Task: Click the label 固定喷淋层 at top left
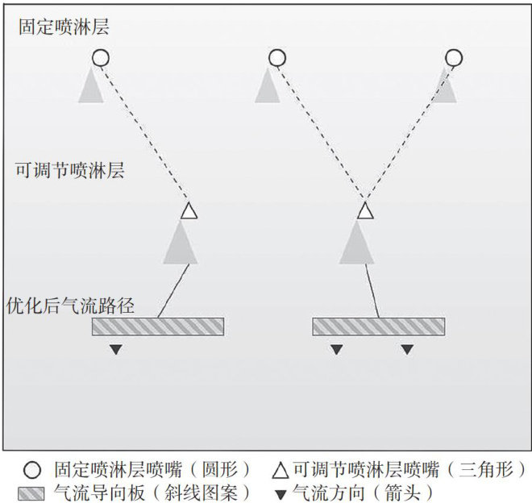pyautogui.click(x=64, y=27)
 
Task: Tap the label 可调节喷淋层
pyautogui.click(x=70, y=170)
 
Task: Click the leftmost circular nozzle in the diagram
pyautogui.click(x=100, y=58)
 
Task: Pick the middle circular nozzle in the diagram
pyautogui.click(x=276, y=58)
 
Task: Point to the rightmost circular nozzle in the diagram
pyautogui.click(x=454, y=58)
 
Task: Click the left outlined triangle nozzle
pyautogui.click(x=188, y=212)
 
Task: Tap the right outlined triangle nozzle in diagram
pyautogui.click(x=365, y=212)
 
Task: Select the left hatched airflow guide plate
pyautogui.click(x=158, y=326)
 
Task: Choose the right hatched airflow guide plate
pyautogui.click(x=378, y=326)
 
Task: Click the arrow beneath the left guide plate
pyautogui.click(x=117, y=350)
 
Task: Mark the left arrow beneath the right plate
pyautogui.click(x=337, y=350)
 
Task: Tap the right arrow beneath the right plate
pyautogui.click(x=407, y=350)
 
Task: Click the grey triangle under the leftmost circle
pyautogui.click(x=92, y=87)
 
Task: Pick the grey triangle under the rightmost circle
pyautogui.click(x=446, y=87)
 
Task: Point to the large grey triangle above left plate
pyautogui.click(x=180, y=244)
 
